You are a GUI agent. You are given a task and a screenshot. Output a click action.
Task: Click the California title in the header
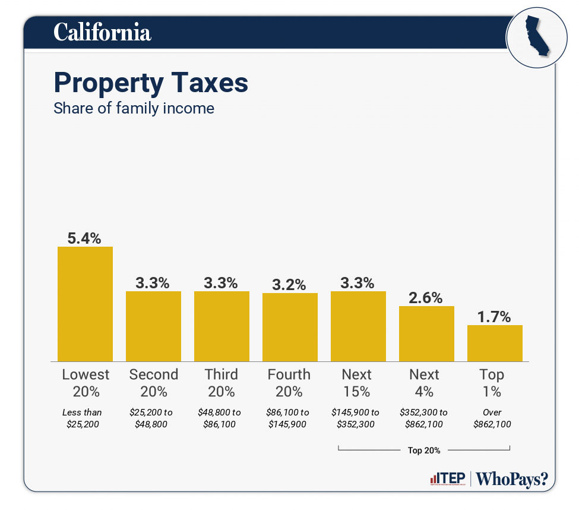click(102, 32)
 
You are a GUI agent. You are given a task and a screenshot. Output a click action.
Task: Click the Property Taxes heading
click(151, 83)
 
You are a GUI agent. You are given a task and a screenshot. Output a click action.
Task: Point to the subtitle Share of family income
click(134, 109)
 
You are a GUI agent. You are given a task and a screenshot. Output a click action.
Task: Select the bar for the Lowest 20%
click(85, 304)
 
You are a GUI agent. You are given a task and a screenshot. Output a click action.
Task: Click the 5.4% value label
click(84, 238)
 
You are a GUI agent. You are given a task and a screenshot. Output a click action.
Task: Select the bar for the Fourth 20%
click(290, 327)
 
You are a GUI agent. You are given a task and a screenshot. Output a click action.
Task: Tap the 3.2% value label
click(289, 284)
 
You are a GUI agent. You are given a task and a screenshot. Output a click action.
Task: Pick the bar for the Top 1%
click(495, 343)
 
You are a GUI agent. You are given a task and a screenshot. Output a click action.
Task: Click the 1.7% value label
click(494, 317)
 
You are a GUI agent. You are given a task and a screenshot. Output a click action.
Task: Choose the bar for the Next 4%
click(426, 333)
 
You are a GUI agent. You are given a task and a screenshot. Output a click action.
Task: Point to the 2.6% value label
click(426, 298)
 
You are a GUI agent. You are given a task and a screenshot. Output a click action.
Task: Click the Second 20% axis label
click(153, 383)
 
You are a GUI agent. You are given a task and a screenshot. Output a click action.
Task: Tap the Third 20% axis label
click(222, 383)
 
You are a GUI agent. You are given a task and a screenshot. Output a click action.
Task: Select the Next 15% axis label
click(357, 383)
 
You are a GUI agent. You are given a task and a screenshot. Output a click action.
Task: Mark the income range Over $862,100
click(492, 418)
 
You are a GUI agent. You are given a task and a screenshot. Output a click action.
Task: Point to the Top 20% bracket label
click(424, 451)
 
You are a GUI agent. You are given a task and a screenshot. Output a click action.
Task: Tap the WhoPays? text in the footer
click(512, 479)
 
